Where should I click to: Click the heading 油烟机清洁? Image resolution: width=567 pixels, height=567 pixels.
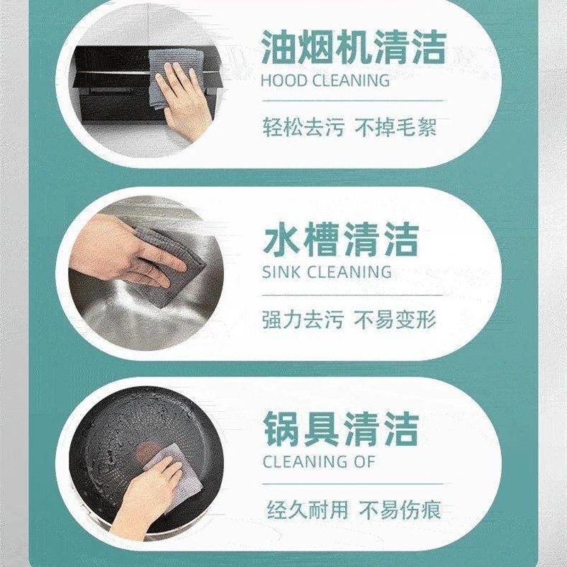click(353, 47)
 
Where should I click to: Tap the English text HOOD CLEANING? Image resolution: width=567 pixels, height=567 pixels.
click(325, 80)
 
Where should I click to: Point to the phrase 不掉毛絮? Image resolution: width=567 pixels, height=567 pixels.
click(395, 128)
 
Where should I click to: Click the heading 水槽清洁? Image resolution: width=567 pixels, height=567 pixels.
click(340, 239)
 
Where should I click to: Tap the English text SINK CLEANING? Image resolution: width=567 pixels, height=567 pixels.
click(326, 271)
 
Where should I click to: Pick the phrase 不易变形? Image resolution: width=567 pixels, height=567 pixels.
click(395, 320)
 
